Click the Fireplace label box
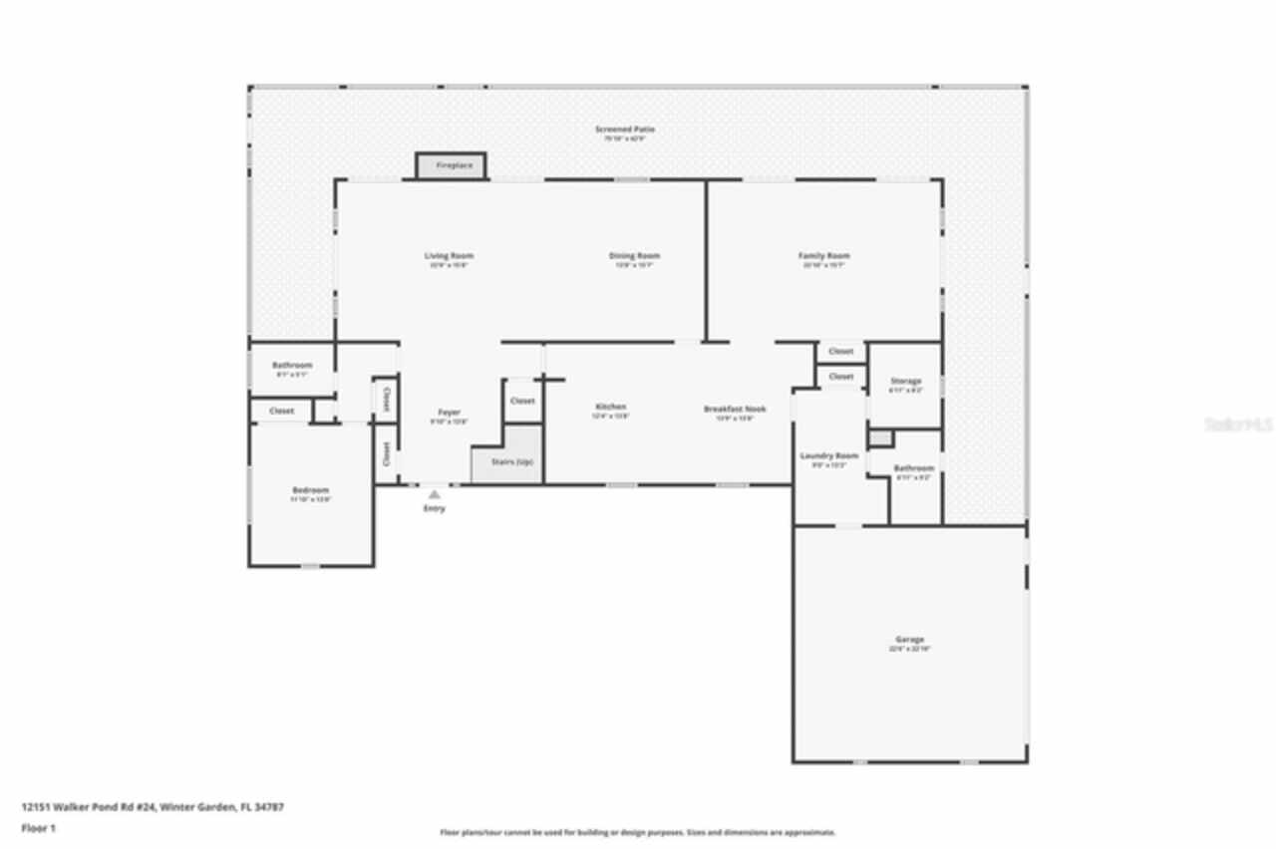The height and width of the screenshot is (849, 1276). (451, 165)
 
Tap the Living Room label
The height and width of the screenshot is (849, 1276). (449, 257)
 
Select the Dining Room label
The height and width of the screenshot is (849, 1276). (634, 257)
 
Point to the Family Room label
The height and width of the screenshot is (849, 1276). (824, 257)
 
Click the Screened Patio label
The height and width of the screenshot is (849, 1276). (625, 130)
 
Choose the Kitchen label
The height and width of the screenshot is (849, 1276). (610, 408)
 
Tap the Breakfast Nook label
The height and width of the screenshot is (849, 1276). (735, 410)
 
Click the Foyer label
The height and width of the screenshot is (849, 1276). (449, 414)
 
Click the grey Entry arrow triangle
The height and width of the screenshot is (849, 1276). (434, 493)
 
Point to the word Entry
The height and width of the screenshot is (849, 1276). (435, 509)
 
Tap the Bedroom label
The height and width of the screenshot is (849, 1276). (310, 491)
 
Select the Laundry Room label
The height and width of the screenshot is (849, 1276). (828, 456)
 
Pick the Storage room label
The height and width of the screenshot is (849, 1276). (905, 382)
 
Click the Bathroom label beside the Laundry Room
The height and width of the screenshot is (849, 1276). (913, 468)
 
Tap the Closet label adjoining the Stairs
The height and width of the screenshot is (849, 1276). (522, 401)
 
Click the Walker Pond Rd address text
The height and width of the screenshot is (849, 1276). (153, 807)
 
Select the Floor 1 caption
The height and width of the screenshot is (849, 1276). (39, 828)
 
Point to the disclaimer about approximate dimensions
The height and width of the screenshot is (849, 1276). (638, 832)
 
